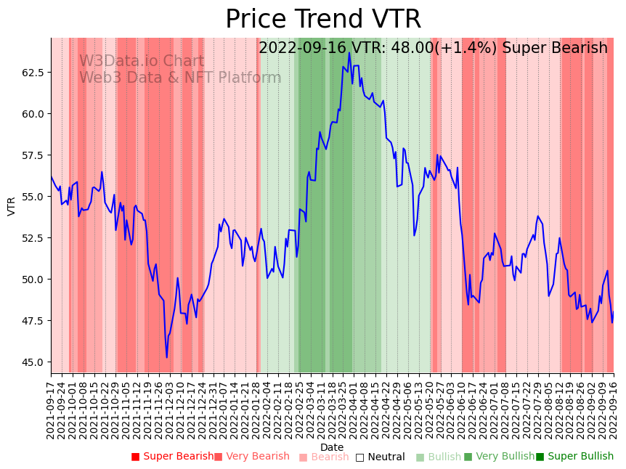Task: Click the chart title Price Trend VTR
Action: (323, 20)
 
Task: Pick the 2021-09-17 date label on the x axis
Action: (51, 410)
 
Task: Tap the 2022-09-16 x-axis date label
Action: (614, 410)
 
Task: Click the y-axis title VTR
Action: (12, 205)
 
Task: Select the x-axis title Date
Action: (332, 447)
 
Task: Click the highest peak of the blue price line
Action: (349, 52)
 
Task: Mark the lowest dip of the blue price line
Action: (166, 357)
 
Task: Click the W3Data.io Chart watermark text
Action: (142, 61)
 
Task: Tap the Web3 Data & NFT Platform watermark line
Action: (180, 78)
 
